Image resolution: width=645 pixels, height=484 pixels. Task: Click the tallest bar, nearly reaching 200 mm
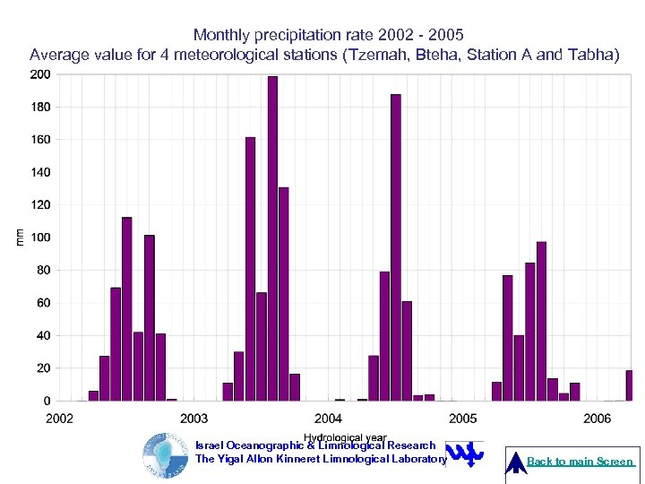click(x=272, y=238)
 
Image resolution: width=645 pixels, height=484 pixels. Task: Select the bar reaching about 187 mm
click(x=395, y=247)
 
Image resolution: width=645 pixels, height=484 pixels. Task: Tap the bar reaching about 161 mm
click(x=250, y=269)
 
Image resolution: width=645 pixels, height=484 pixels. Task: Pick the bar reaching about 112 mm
click(x=126, y=309)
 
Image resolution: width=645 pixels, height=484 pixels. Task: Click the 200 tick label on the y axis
click(x=40, y=74)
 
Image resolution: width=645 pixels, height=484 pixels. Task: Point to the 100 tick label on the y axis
click(x=40, y=238)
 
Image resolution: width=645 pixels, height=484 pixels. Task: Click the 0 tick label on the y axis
click(x=47, y=401)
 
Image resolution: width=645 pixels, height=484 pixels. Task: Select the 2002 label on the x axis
click(x=60, y=419)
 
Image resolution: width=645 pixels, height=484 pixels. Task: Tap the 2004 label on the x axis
click(x=329, y=419)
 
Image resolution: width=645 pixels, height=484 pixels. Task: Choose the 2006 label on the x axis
click(x=598, y=419)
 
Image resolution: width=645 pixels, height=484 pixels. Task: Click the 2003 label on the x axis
click(x=194, y=419)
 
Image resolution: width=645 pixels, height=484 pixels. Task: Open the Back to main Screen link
click(x=580, y=462)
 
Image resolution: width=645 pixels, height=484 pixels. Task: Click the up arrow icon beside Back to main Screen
click(x=517, y=462)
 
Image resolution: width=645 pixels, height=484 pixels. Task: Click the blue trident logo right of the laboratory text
click(x=465, y=455)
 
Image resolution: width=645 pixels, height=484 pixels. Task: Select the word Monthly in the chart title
click(x=221, y=35)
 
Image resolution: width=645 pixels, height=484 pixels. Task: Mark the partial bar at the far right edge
click(x=629, y=385)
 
